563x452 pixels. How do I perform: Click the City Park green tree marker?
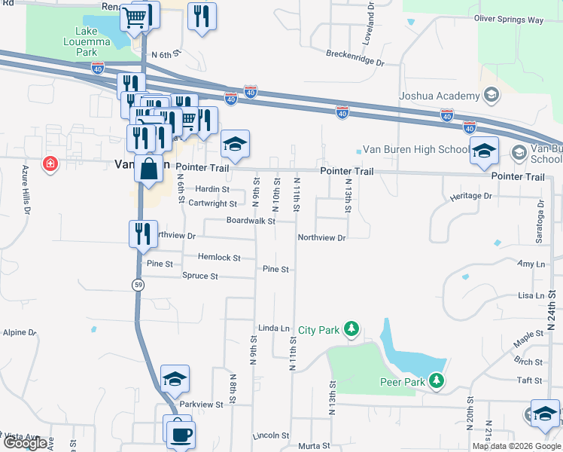350,329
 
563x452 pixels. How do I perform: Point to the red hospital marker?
50,163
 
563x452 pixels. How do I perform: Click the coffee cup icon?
181,433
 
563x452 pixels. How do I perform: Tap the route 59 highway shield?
138,284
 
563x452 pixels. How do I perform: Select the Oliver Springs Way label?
508,19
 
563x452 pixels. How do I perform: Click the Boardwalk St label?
251,221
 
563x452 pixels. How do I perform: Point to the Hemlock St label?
219,258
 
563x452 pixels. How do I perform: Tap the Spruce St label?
199,276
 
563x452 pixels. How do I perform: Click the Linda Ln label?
274,328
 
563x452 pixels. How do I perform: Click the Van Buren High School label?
415,149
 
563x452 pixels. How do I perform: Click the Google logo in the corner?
25,443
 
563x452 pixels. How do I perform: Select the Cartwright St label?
212,203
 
